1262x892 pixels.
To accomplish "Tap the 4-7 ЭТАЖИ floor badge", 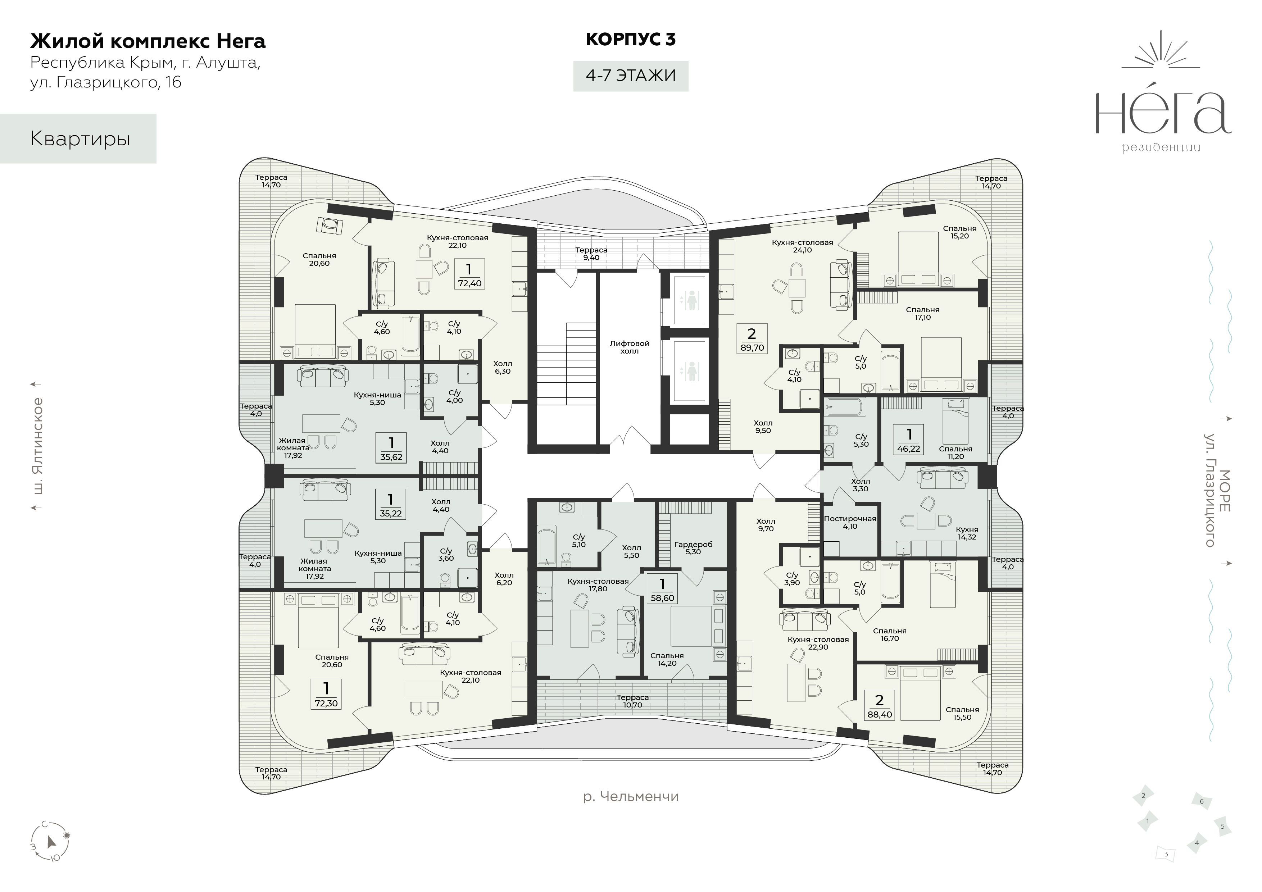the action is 630,75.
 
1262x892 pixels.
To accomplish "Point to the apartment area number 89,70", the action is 752,348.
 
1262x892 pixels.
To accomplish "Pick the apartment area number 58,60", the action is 662,598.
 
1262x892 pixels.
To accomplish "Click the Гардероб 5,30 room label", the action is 693,548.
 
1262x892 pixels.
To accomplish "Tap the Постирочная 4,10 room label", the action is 850,522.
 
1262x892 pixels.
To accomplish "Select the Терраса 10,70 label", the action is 633,701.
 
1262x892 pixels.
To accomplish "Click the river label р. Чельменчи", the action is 630,796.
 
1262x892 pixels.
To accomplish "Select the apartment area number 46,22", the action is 909,449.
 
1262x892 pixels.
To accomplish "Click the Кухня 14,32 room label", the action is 967,533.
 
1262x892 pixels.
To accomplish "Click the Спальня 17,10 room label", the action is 922,313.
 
